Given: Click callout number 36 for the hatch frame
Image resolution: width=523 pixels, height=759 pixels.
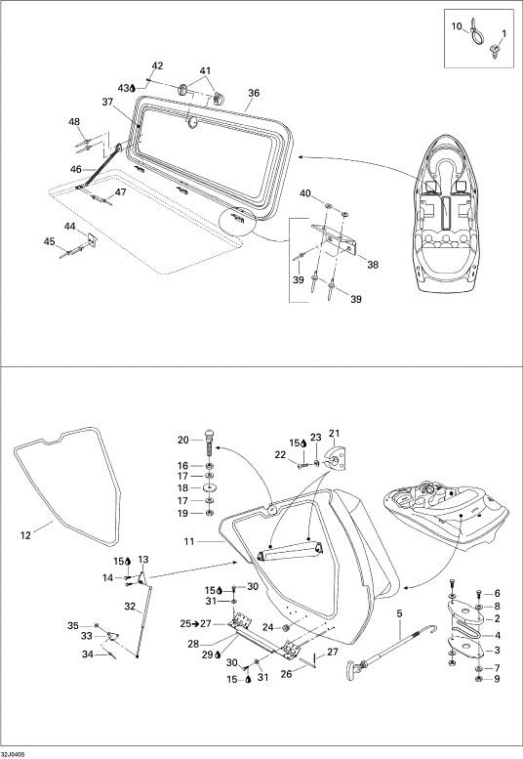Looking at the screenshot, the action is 254,93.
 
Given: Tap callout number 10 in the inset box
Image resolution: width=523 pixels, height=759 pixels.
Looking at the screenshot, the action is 457,26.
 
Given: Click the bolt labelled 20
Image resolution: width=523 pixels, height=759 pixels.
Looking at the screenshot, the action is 209,442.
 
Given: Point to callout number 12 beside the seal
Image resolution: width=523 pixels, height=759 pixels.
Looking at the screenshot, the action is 25,535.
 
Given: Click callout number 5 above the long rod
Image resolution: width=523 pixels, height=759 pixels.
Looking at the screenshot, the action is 399,613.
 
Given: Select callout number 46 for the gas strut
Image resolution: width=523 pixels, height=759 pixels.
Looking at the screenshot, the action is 76,169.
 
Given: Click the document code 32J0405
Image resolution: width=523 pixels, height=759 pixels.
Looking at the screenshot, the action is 13,754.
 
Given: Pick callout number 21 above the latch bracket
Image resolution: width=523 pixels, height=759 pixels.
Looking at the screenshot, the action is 335,433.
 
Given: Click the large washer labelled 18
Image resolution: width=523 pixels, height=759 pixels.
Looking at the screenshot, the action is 209,488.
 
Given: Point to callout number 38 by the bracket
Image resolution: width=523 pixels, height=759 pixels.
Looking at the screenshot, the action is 373,265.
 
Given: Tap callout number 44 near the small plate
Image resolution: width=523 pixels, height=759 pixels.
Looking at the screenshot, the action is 70,226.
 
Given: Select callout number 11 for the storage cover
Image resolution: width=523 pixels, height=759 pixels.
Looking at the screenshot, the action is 189,542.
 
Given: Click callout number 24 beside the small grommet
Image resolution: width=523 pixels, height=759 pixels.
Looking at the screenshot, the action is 267,627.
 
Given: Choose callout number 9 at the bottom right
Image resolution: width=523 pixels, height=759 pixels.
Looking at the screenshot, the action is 497,679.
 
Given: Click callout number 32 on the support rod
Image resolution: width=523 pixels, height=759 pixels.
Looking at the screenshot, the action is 130,606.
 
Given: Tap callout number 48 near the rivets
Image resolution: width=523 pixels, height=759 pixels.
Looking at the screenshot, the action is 74,122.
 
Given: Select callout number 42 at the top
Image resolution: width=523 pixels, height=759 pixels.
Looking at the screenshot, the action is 157,65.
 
